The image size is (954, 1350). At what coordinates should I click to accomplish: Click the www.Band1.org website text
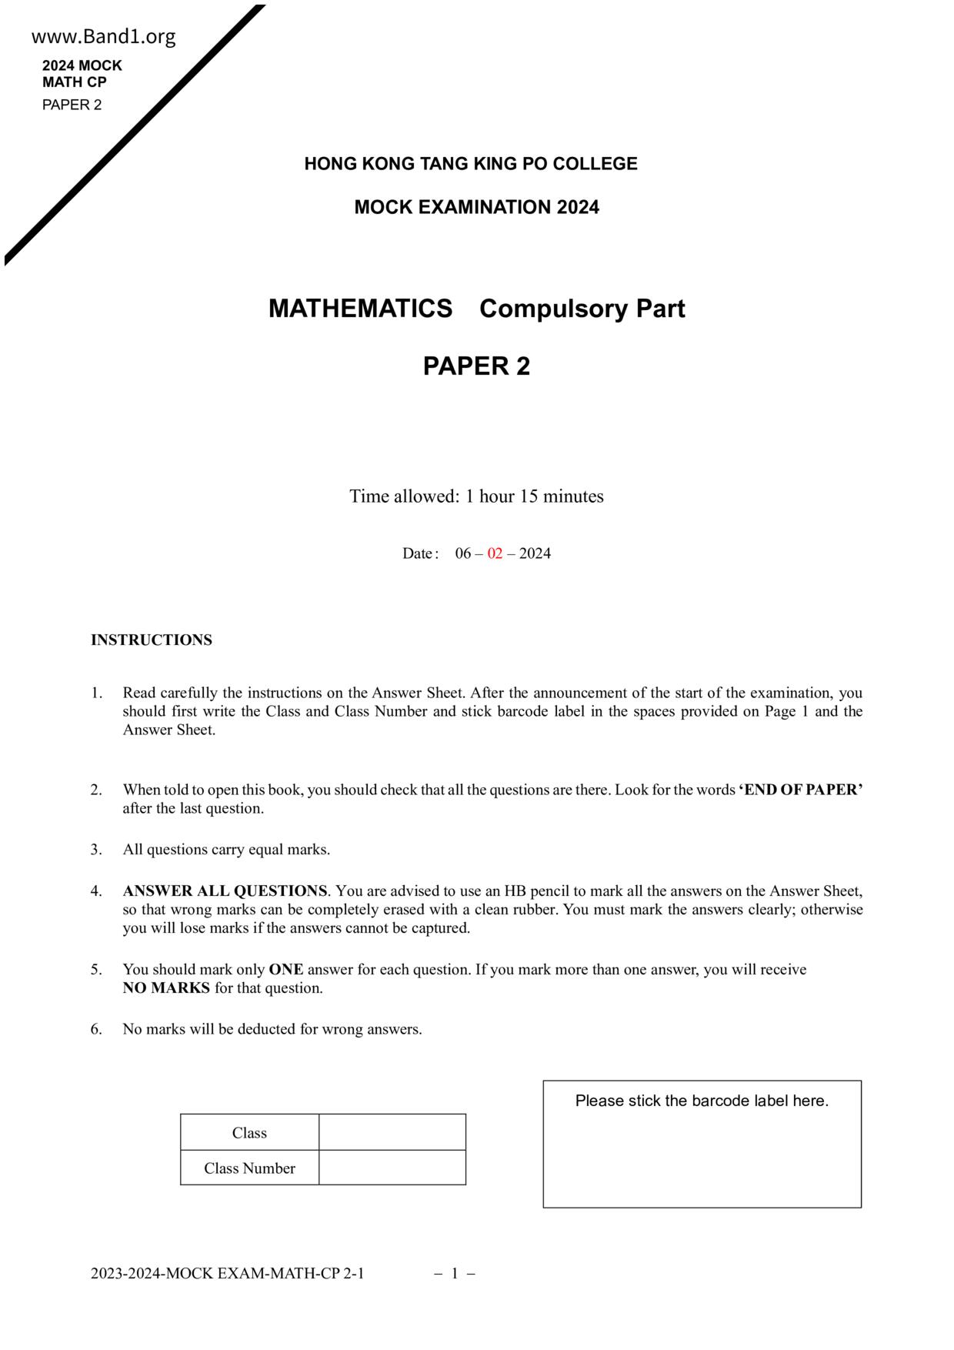coord(104,37)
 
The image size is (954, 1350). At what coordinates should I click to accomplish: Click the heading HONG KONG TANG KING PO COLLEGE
coord(471,164)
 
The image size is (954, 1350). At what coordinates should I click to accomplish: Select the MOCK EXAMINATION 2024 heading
coord(476,207)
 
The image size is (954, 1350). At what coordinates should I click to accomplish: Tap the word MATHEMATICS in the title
coord(360,309)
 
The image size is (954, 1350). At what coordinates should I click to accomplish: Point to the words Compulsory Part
coord(582,309)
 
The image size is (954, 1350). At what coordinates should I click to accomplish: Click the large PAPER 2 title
coord(476,366)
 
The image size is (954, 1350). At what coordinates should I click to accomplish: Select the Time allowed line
coord(476,496)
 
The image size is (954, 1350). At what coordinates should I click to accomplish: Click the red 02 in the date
coord(495,553)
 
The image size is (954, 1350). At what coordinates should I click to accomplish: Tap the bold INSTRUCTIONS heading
coord(152,640)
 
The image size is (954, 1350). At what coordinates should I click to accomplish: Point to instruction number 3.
coord(226,850)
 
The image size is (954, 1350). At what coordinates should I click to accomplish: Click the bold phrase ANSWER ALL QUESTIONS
coord(225,891)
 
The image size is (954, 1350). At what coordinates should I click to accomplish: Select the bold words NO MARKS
coord(166,988)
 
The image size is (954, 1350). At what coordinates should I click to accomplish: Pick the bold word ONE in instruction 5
coord(285,970)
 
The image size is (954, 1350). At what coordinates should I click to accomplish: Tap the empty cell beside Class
coord(392,1133)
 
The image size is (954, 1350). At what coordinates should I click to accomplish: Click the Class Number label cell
coord(249,1168)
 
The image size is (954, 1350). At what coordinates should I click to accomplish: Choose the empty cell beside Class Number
coord(392,1168)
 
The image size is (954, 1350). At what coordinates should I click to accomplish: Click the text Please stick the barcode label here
coord(702,1101)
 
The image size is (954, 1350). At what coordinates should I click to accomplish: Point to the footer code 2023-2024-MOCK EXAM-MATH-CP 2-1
coord(227,1274)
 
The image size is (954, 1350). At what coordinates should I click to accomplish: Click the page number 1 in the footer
coord(455,1274)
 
